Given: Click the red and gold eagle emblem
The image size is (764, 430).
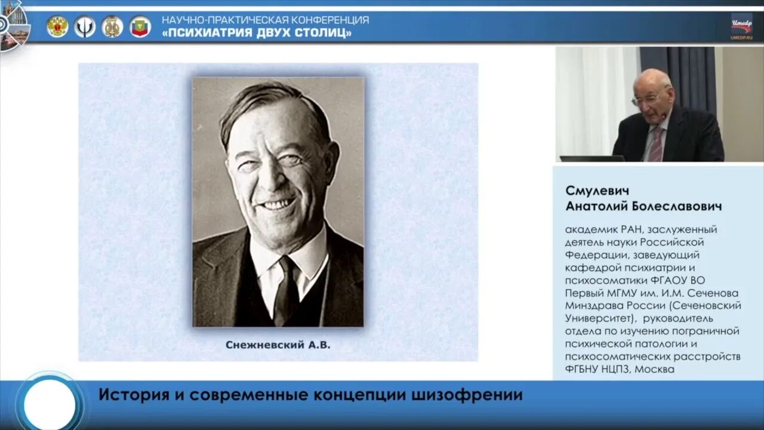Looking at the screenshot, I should [57, 26].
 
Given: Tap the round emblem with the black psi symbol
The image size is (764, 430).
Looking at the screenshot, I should [85, 26].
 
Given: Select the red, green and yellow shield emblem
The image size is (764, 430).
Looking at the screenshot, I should [140, 26].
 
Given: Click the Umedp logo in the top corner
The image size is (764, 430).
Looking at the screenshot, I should [742, 26].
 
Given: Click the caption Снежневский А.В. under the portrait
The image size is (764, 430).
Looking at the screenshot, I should [278, 345].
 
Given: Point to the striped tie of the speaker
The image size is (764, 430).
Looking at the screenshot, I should [656, 145].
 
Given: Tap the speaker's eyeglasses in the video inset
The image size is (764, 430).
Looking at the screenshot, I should [646, 98].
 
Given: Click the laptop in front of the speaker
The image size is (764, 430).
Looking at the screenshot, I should [591, 158].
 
